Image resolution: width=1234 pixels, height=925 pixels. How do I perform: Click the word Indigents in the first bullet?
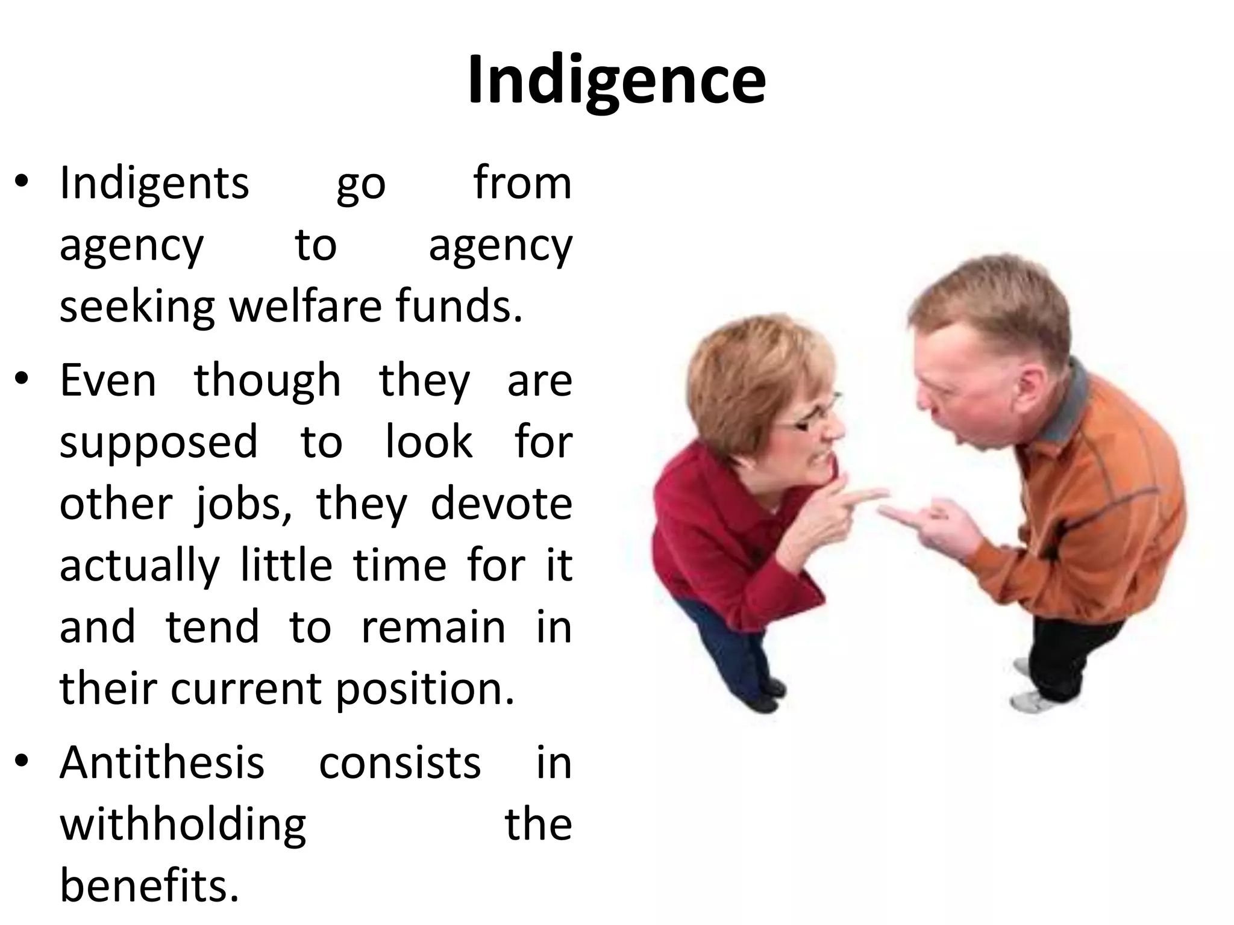click(154, 184)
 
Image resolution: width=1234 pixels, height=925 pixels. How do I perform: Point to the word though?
click(268, 382)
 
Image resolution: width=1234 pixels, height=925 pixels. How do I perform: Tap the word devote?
click(501, 505)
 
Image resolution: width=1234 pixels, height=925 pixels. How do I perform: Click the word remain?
click(433, 628)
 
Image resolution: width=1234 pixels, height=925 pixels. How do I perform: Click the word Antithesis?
click(162, 764)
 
